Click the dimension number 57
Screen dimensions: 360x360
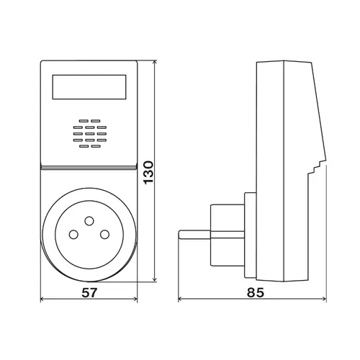[x=89, y=292]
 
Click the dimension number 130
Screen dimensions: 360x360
[x=148, y=173]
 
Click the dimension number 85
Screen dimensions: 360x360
[x=256, y=292]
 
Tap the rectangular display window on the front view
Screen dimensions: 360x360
[x=89, y=87]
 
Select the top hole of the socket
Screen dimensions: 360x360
[x=89, y=221]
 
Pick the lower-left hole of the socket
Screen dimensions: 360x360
[x=73, y=235]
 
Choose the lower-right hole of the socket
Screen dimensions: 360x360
[x=104, y=235]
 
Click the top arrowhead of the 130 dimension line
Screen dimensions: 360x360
[x=155, y=63]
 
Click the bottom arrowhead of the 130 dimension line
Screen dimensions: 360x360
[x=155, y=279]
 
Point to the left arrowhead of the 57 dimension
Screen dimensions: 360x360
[x=43, y=299]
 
